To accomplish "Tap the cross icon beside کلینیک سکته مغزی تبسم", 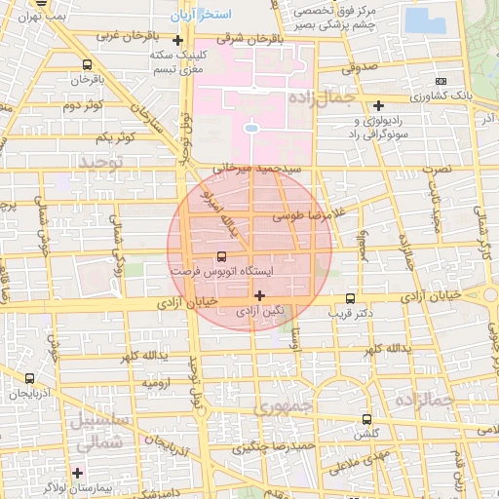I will click(177, 41).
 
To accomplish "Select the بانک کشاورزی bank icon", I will click(441, 82).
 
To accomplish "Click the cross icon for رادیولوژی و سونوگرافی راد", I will click(379, 104).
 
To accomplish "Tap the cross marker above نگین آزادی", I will click(259, 294).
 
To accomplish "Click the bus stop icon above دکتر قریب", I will click(351, 298).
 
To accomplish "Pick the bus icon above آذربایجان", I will click(29, 378).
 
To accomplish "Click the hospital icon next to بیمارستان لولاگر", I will click(77, 472).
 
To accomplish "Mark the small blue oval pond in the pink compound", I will click(251, 128).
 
